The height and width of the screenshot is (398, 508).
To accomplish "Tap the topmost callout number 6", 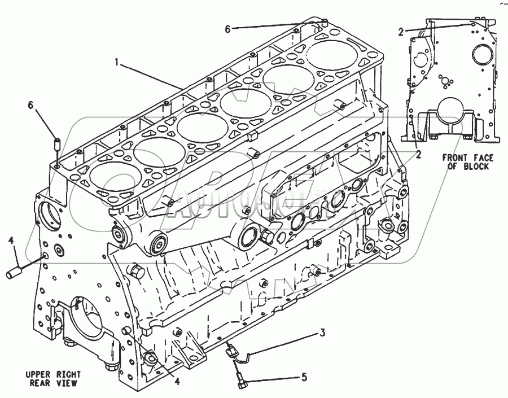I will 227,29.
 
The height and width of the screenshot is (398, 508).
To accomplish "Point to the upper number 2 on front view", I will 400,32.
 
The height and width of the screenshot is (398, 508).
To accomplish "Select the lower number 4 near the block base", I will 177,382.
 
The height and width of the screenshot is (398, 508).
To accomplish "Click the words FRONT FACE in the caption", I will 465,158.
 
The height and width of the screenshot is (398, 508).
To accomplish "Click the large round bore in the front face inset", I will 483,55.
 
